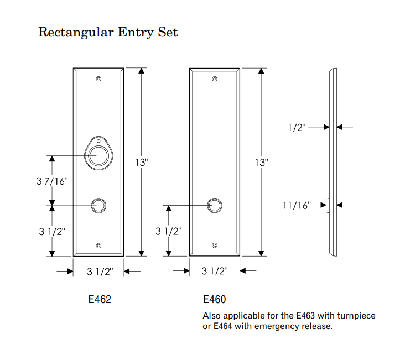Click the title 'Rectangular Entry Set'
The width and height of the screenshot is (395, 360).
(108, 32)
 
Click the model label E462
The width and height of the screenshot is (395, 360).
(100, 300)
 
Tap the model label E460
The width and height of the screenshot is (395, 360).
(214, 300)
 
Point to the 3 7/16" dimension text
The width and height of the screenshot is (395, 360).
(52, 180)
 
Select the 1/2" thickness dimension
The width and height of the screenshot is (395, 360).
(297, 127)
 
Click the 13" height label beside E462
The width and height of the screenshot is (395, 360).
(142, 163)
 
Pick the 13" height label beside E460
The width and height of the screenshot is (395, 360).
(262, 163)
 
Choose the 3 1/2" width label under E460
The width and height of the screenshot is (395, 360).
(214, 272)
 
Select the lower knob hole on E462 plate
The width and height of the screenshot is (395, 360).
(99, 205)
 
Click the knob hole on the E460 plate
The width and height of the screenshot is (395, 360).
(215, 205)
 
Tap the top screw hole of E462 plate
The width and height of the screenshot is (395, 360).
(98, 79)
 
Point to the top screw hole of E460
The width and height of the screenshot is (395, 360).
(215, 79)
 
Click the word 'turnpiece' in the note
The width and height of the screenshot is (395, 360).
(354, 316)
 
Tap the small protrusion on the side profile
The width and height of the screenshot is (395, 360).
(328, 205)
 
